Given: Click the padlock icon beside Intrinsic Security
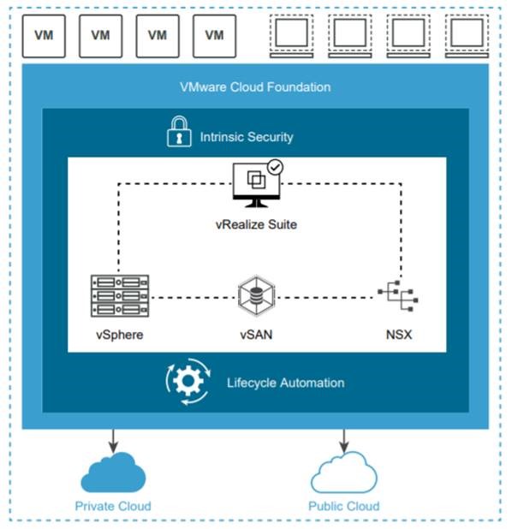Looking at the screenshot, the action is [179, 132].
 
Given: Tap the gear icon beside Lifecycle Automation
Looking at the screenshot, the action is [188, 381].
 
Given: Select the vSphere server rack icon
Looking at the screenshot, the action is [120, 296].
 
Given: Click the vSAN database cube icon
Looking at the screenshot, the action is [256, 296].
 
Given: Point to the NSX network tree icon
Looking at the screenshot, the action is [398, 296].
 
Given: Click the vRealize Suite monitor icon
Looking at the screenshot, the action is [257, 184].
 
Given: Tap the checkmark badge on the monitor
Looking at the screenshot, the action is [276, 167].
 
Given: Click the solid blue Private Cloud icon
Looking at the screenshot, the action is [113, 473].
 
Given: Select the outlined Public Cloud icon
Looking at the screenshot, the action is [344, 473].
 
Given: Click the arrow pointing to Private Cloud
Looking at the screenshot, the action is [113, 441].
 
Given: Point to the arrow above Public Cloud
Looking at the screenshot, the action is [344, 441].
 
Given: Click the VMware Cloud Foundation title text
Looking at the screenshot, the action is [255, 87].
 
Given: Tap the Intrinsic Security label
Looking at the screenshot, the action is [247, 137].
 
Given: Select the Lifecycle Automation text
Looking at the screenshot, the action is [285, 383].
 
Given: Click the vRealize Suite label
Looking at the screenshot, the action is [256, 224].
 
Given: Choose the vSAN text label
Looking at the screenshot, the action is [256, 335].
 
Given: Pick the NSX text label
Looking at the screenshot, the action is [399, 335].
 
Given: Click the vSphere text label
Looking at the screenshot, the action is [120, 335].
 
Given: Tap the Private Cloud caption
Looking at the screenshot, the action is [113, 506].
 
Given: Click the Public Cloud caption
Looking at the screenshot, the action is [344, 506].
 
